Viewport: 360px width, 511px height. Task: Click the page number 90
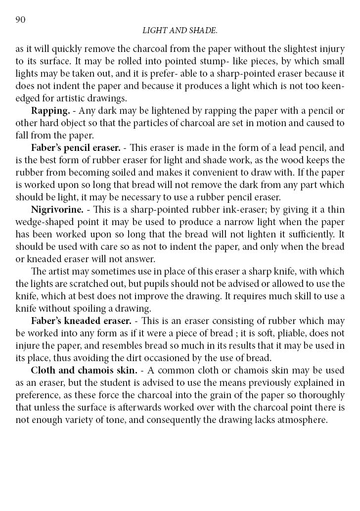click(x=20, y=19)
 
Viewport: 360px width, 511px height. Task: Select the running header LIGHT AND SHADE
click(x=180, y=31)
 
